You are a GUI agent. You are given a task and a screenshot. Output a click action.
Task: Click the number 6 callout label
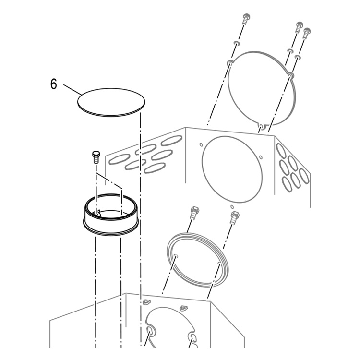click(x=53, y=84)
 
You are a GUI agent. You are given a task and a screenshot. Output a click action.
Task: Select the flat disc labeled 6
click(x=111, y=102)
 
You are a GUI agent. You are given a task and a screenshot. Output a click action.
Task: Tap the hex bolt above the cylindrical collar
click(x=96, y=157)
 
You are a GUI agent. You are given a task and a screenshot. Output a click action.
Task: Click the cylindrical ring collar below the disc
click(x=111, y=215)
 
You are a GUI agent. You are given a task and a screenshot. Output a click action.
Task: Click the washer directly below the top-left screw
click(x=237, y=43)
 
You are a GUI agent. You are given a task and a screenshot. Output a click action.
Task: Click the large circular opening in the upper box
click(x=232, y=169)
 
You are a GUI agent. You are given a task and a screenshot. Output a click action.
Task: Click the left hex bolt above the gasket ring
click(x=194, y=213)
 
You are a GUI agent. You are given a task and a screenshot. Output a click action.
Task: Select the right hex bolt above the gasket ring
click(x=234, y=217)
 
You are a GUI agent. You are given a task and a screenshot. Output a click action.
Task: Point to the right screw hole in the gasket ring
click(x=219, y=263)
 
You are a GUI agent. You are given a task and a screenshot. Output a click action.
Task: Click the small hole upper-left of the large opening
click(x=201, y=144)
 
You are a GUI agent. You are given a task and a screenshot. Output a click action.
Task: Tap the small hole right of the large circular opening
click(x=261, y=157)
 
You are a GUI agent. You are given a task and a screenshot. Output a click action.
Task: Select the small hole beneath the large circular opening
click(x=232, y=207)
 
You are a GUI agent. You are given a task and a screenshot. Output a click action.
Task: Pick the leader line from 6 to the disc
click(x=72, y=90)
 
